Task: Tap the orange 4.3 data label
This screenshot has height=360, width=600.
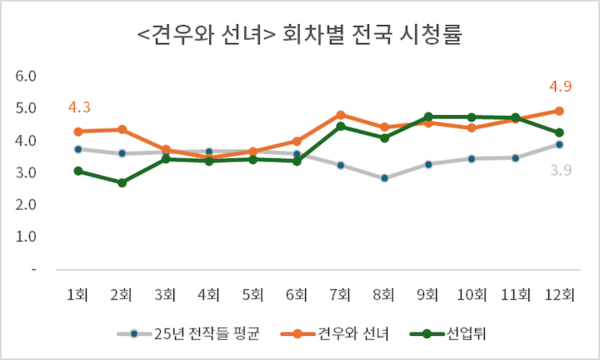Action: (80, 107)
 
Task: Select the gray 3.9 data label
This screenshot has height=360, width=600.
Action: (559, 170)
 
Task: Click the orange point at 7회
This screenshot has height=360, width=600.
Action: (341, 115)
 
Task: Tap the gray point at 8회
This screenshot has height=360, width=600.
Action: (385, 178)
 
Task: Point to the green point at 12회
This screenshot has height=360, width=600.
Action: (559, 133)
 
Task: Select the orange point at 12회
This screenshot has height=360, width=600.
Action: (559, 111)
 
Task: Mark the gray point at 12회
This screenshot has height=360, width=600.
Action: (559, 144)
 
